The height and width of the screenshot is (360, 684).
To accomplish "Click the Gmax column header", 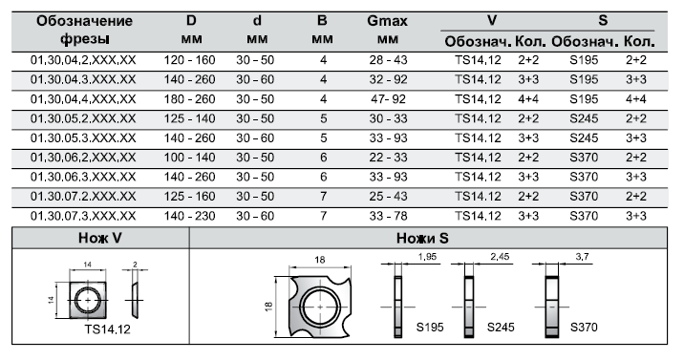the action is coord(387,21).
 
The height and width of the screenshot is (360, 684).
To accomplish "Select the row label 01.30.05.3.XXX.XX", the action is coord(83,138).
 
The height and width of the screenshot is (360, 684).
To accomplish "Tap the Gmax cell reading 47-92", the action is coord(388,99).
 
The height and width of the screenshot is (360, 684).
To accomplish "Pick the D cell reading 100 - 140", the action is coord(190,158).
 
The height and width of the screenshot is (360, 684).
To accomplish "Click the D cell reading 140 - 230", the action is coord(190,216).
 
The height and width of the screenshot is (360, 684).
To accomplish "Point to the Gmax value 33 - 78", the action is coord(388,216).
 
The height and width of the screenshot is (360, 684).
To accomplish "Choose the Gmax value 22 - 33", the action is coord(388,158).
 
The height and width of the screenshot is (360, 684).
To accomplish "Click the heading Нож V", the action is coord(100,238).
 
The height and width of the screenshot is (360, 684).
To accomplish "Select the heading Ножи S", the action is coord(422,238).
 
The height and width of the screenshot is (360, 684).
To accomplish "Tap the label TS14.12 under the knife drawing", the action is coord(107,329).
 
